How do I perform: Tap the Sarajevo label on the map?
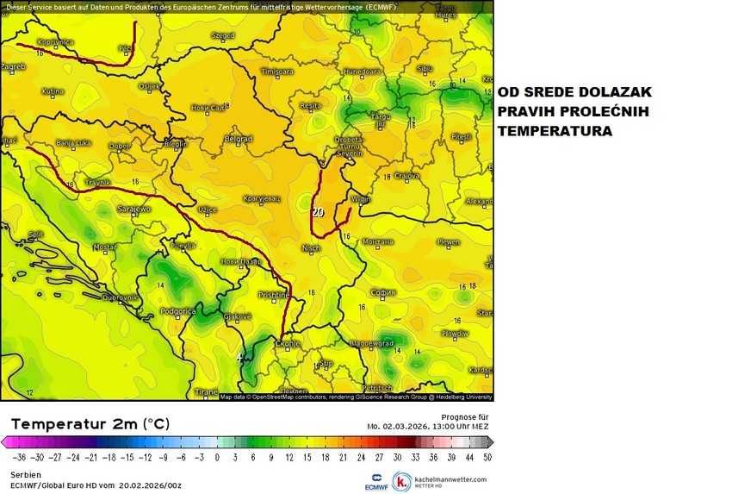pyautogui.click(x=133, y=209)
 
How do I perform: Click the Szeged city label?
pyautogui.click(x=222, y=36)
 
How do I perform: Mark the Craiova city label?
pyautogui.click(x=406, y=176)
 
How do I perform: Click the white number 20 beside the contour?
pyautogui.click(x=317, y=210)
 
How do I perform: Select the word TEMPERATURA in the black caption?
pyautogui.click(x=555, y=132)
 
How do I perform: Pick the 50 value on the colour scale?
pyautogui.click(x=487, y=457)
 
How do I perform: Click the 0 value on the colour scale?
pyautogui.click(x=217, y=457)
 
